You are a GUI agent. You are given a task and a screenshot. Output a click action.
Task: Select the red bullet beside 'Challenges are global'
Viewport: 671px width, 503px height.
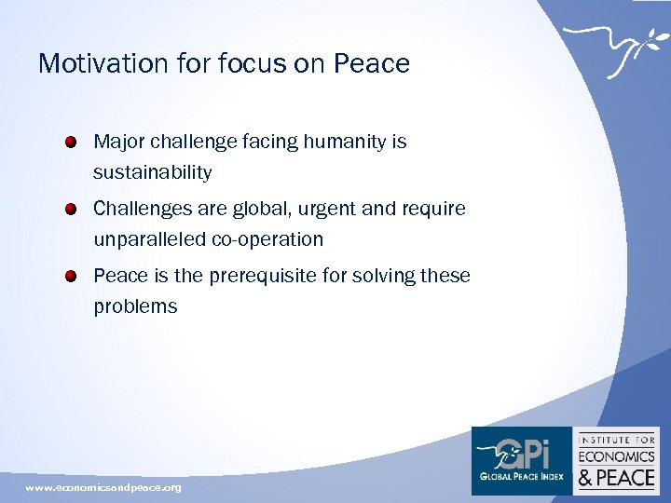72,210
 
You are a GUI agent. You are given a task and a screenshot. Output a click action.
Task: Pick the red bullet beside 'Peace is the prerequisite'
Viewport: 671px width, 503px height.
72,277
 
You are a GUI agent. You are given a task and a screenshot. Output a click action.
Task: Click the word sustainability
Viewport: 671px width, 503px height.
152,172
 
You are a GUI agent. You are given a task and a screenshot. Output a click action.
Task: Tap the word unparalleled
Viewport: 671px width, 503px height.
149,239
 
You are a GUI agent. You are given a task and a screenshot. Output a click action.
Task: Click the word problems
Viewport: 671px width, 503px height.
135,306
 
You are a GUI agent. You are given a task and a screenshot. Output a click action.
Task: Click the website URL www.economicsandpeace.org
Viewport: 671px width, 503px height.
103,487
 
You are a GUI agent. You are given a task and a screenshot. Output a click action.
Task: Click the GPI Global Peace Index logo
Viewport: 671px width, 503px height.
521,459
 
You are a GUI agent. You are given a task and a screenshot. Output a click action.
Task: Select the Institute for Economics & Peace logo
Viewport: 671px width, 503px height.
617,459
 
